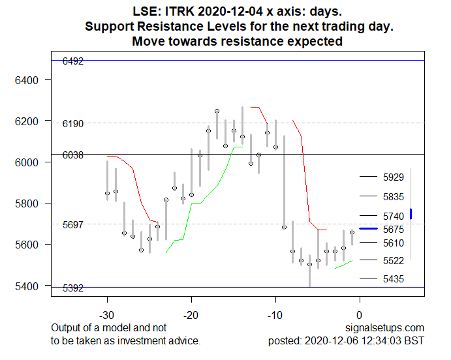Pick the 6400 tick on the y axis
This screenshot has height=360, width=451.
[x=31, y=80]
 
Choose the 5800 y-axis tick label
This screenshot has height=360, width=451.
[x=31, y=203]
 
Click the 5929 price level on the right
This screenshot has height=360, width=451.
[x=394, y=177]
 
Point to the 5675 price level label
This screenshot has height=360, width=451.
[x=394, y=230]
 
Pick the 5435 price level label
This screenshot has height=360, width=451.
[x=394, y=279]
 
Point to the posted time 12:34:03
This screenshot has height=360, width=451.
[x=385, y=340]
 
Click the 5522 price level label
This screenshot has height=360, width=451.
[x=394, y=261]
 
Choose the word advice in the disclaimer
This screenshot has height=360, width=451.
[x=185, y=340]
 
